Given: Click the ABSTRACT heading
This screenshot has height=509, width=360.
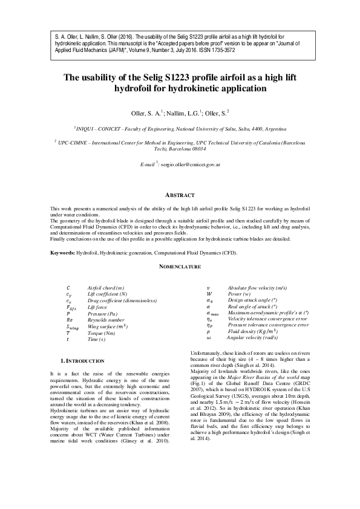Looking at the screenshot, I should point(180,195).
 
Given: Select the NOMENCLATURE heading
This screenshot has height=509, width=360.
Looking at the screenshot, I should point(180,266).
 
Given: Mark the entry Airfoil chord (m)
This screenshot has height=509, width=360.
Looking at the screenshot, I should point(106,288).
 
